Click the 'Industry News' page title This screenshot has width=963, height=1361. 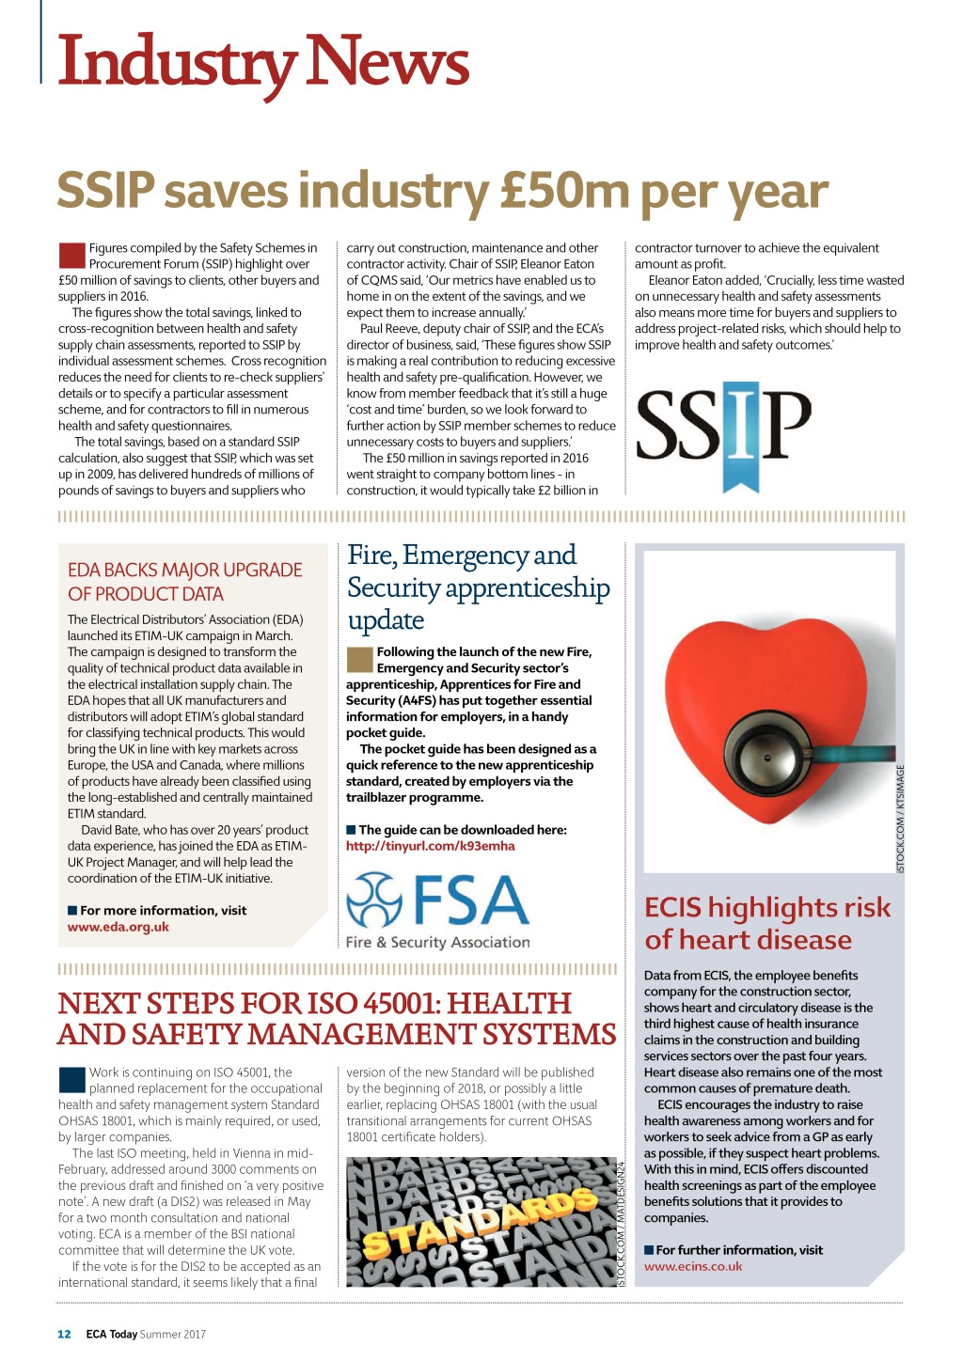pos(263,61)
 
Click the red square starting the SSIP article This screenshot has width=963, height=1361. pos(71,255)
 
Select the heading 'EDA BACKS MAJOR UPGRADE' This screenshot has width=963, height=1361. pos(184,570)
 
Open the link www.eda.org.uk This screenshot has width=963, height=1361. pos(118,927)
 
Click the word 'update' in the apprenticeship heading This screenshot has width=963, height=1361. pos(386,620)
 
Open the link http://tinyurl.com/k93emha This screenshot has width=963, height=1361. pos(431,846)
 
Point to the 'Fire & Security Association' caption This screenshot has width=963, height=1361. pos(438,942)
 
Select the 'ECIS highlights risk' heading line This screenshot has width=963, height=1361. pos(767,907)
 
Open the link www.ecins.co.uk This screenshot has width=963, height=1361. pos(693,1266)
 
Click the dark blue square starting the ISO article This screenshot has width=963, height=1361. pos(71,1079)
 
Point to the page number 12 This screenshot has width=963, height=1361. pos(64,1334)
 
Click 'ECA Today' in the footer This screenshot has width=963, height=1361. pos(111,1334)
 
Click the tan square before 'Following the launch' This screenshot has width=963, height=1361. pos(359,659)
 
